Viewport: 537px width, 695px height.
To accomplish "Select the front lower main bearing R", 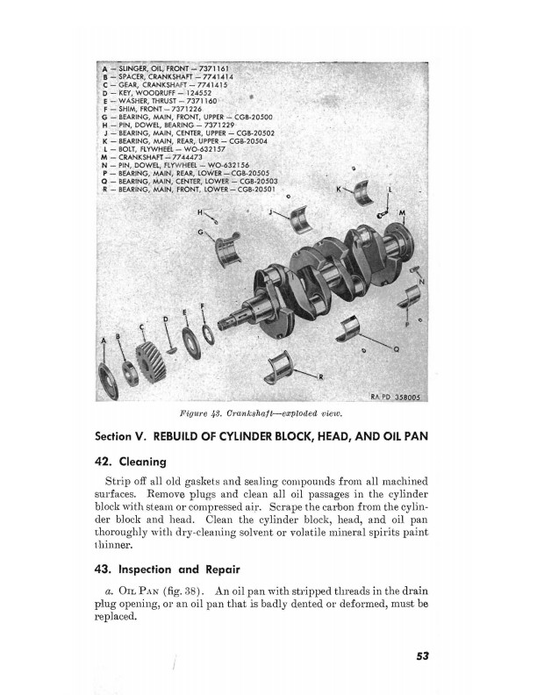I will pyautogui.click(x=290, y=364).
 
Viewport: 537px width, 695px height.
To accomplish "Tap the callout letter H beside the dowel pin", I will pyautogui.click(x=200, y=212).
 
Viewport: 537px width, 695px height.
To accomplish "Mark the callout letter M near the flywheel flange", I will pyautogui.click(x=402, y=213).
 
